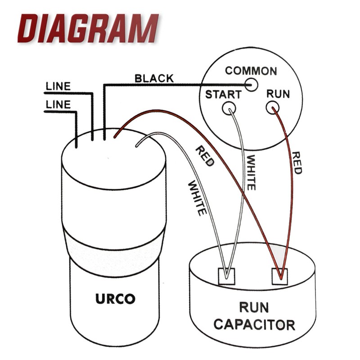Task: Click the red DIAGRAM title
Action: tap(88, 28)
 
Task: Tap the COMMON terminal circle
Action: tap(252, 85)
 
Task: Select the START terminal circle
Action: tap(229, 108)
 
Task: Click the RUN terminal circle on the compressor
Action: tap(273, 108)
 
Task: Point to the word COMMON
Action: tap(251, 71)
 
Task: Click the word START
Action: tap(223, 94)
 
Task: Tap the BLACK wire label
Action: tap(154, 78)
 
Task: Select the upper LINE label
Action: tap(58, 86)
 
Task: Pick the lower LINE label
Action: tap(58, 105)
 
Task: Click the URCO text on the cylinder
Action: tap(115, 299)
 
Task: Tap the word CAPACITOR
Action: tap(254, 324)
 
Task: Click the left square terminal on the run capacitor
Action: tap(226, 276)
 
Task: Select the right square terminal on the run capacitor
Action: tap(280, 276)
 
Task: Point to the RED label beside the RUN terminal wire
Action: tap(297, 163)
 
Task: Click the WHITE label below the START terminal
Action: tap(251, 173)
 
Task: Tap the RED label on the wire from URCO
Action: tap(205, 157)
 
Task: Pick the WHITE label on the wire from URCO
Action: tap(197, 199)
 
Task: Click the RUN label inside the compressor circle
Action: tap(278, 94)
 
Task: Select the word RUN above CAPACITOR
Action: tap(254, 307)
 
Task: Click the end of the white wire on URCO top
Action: tap(137, 145)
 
